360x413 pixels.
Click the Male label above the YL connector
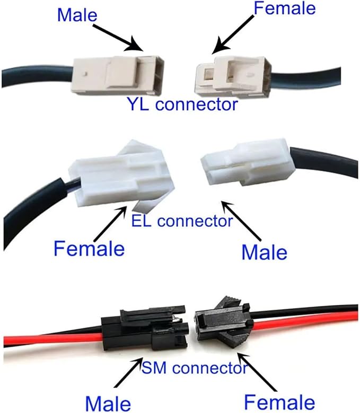77,15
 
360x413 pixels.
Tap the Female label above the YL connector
285,8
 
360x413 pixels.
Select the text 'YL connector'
182,104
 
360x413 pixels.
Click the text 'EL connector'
182,221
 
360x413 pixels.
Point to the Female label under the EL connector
89,248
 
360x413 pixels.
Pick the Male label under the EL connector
264,252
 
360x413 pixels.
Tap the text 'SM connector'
195,368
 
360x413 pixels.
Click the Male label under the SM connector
108,403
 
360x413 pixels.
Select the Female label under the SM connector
279,402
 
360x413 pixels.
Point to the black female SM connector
224,321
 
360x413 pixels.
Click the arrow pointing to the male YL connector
118,38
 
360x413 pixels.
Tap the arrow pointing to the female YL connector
233,34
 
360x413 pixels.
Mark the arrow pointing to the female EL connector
110,224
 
